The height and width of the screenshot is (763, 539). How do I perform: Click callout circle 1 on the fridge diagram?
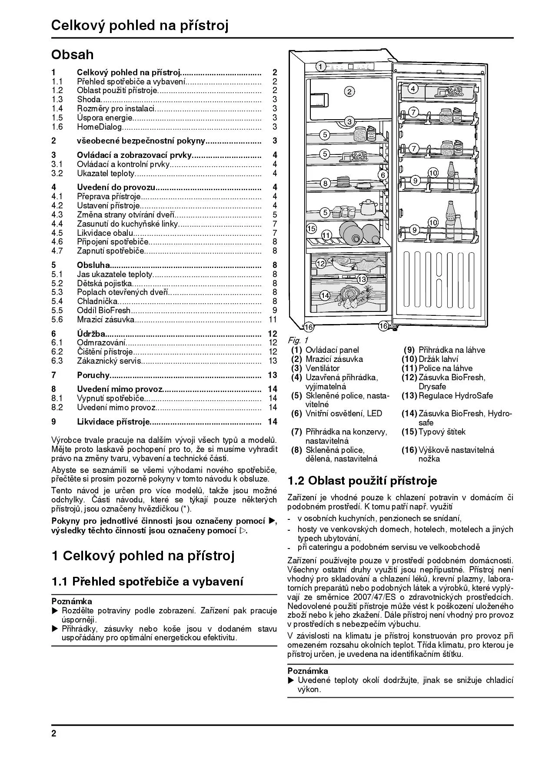pos(320,67)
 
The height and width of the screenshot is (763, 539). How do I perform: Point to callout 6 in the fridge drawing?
pos(383,175)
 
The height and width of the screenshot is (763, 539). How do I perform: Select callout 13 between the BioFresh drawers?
pos(362,279)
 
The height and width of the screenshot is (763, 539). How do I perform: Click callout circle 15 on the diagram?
pos(311,228)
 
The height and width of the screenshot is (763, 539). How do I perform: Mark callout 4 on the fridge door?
pos(413,88)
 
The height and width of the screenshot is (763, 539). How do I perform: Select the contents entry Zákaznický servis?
pos(109,361)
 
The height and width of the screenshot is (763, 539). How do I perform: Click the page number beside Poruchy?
pos(273,375)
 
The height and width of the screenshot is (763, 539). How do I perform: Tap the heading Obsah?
pos(73,55)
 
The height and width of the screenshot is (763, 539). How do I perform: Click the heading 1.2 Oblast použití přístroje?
pos(362,481)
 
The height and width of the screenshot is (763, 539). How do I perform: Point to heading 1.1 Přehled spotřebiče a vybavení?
pos(147,582)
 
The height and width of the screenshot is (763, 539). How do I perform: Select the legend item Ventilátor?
pos(323,368)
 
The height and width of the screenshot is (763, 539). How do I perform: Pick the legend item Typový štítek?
pos(442,432)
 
